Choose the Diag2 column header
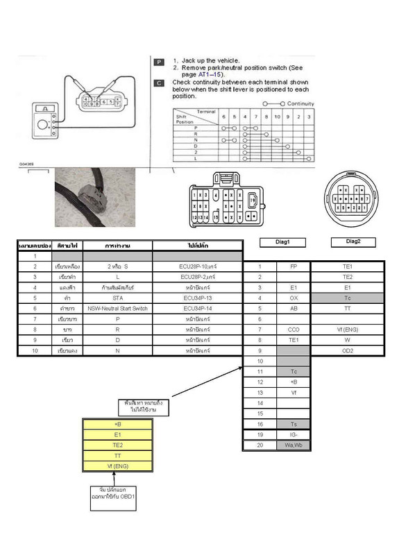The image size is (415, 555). click(348, 242)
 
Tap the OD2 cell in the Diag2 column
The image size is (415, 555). click(348, 350)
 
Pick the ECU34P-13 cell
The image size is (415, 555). click(198, 298)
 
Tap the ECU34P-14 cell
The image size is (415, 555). click(198, 308)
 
